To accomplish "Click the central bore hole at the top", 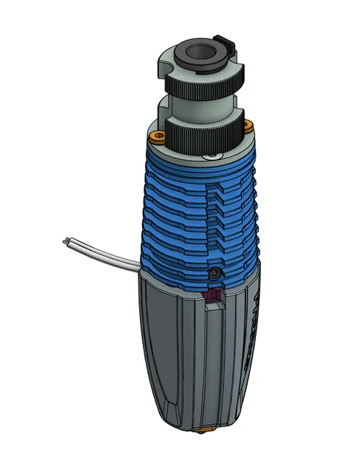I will pos(199,54).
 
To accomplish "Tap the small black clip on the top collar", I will pos(223,38).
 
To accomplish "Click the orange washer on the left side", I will pos(157,135).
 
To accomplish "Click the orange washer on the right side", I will pos(248,127).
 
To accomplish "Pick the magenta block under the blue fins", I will pos(214,298).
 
